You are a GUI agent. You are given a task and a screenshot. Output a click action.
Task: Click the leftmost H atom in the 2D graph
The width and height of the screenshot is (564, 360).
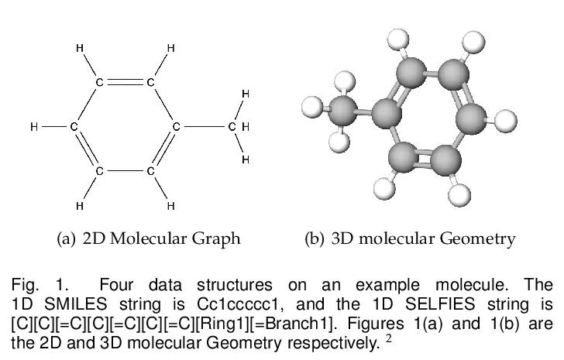click(33, 126)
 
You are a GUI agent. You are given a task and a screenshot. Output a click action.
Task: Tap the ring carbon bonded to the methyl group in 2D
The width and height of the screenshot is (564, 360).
click(176, 126)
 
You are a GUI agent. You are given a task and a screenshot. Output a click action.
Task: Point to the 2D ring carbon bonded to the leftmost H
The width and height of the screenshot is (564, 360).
click(74, 126)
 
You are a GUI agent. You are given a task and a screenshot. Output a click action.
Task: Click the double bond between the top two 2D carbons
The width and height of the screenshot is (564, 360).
click(125, 81)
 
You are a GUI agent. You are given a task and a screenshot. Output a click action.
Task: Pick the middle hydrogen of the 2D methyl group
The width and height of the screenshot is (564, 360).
click(245, 126)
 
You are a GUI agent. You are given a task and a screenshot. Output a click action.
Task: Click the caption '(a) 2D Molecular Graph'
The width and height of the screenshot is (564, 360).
click(149, 238)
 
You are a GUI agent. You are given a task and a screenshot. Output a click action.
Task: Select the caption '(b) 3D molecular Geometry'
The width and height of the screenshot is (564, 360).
click(408, 238)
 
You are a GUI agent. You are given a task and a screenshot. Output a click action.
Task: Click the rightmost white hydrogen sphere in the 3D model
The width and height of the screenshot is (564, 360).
click(505, 121)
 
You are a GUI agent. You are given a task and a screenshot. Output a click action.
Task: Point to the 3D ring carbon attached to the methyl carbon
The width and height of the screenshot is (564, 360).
click(385, 115)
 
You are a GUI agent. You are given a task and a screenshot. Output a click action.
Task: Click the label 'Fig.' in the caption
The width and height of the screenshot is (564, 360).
click(23, 283)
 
